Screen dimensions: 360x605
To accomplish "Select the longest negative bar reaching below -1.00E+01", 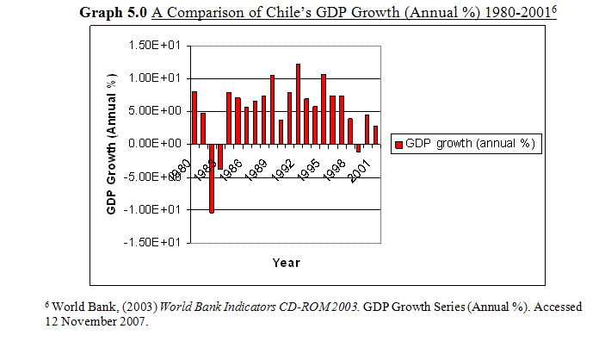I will [212, 177].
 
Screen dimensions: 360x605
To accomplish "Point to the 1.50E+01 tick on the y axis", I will [157, 46].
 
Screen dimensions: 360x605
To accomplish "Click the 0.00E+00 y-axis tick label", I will [157, 144].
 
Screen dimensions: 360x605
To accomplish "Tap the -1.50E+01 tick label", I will [155, 242].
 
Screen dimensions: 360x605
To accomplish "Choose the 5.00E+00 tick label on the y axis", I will [157, 111].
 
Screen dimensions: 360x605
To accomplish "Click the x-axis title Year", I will [286, 263].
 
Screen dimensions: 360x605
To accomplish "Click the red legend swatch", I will [398, 144].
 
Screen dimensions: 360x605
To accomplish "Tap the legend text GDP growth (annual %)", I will [472, 144].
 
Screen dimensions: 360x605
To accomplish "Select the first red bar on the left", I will [194, 117].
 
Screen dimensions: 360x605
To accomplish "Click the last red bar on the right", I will [375, 134].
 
